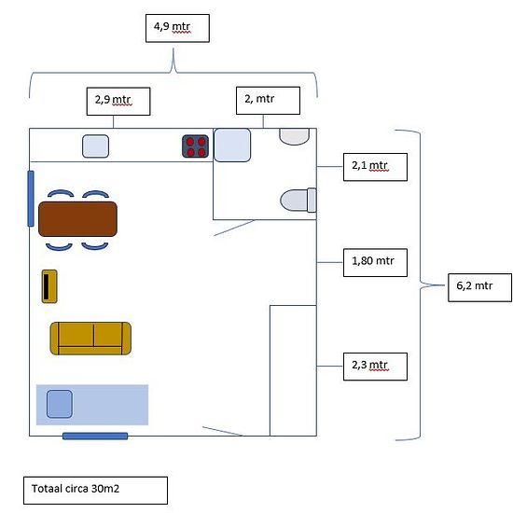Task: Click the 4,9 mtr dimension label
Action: point(177,28)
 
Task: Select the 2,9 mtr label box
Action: point(118,101)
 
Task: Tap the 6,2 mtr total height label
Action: point(479,287)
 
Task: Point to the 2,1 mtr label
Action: point(375,167)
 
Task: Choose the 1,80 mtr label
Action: point(375,262)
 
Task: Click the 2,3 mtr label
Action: point(375,367)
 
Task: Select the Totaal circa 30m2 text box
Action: point(95,490)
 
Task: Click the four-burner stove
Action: point(195,146)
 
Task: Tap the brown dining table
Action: point(77,219)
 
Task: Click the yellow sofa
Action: point(90,339)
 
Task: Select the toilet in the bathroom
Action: point(298,201)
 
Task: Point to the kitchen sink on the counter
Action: point(95,146)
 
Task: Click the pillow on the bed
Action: point(59,404)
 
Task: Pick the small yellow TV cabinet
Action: point(49,286)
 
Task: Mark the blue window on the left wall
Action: point(31,199)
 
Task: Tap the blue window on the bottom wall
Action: point(95,436)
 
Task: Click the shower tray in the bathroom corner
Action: point(232,145)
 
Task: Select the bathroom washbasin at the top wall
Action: point(294,136)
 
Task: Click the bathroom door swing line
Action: point(234,228)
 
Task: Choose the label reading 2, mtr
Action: point(268,101)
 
